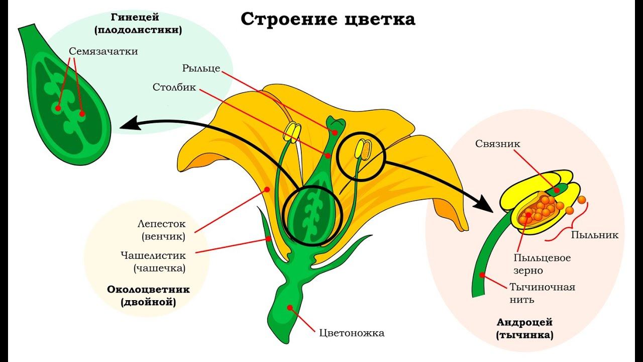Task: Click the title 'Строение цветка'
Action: click(x=328, y=19)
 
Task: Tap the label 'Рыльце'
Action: click(x=201, y=68)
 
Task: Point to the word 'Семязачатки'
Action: click(x=103, y=51)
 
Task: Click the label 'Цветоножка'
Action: click(x=352, y=333)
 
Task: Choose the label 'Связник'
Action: click(x=498, y=144)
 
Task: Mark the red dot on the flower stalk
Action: click(x=290, y=307)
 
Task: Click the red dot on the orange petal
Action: click(x=267, y=190)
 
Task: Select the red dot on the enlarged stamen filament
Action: click(x=482, y=275)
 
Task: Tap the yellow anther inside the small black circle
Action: click(x=363, y=149)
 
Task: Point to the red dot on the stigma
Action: click(x=335, y=132)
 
